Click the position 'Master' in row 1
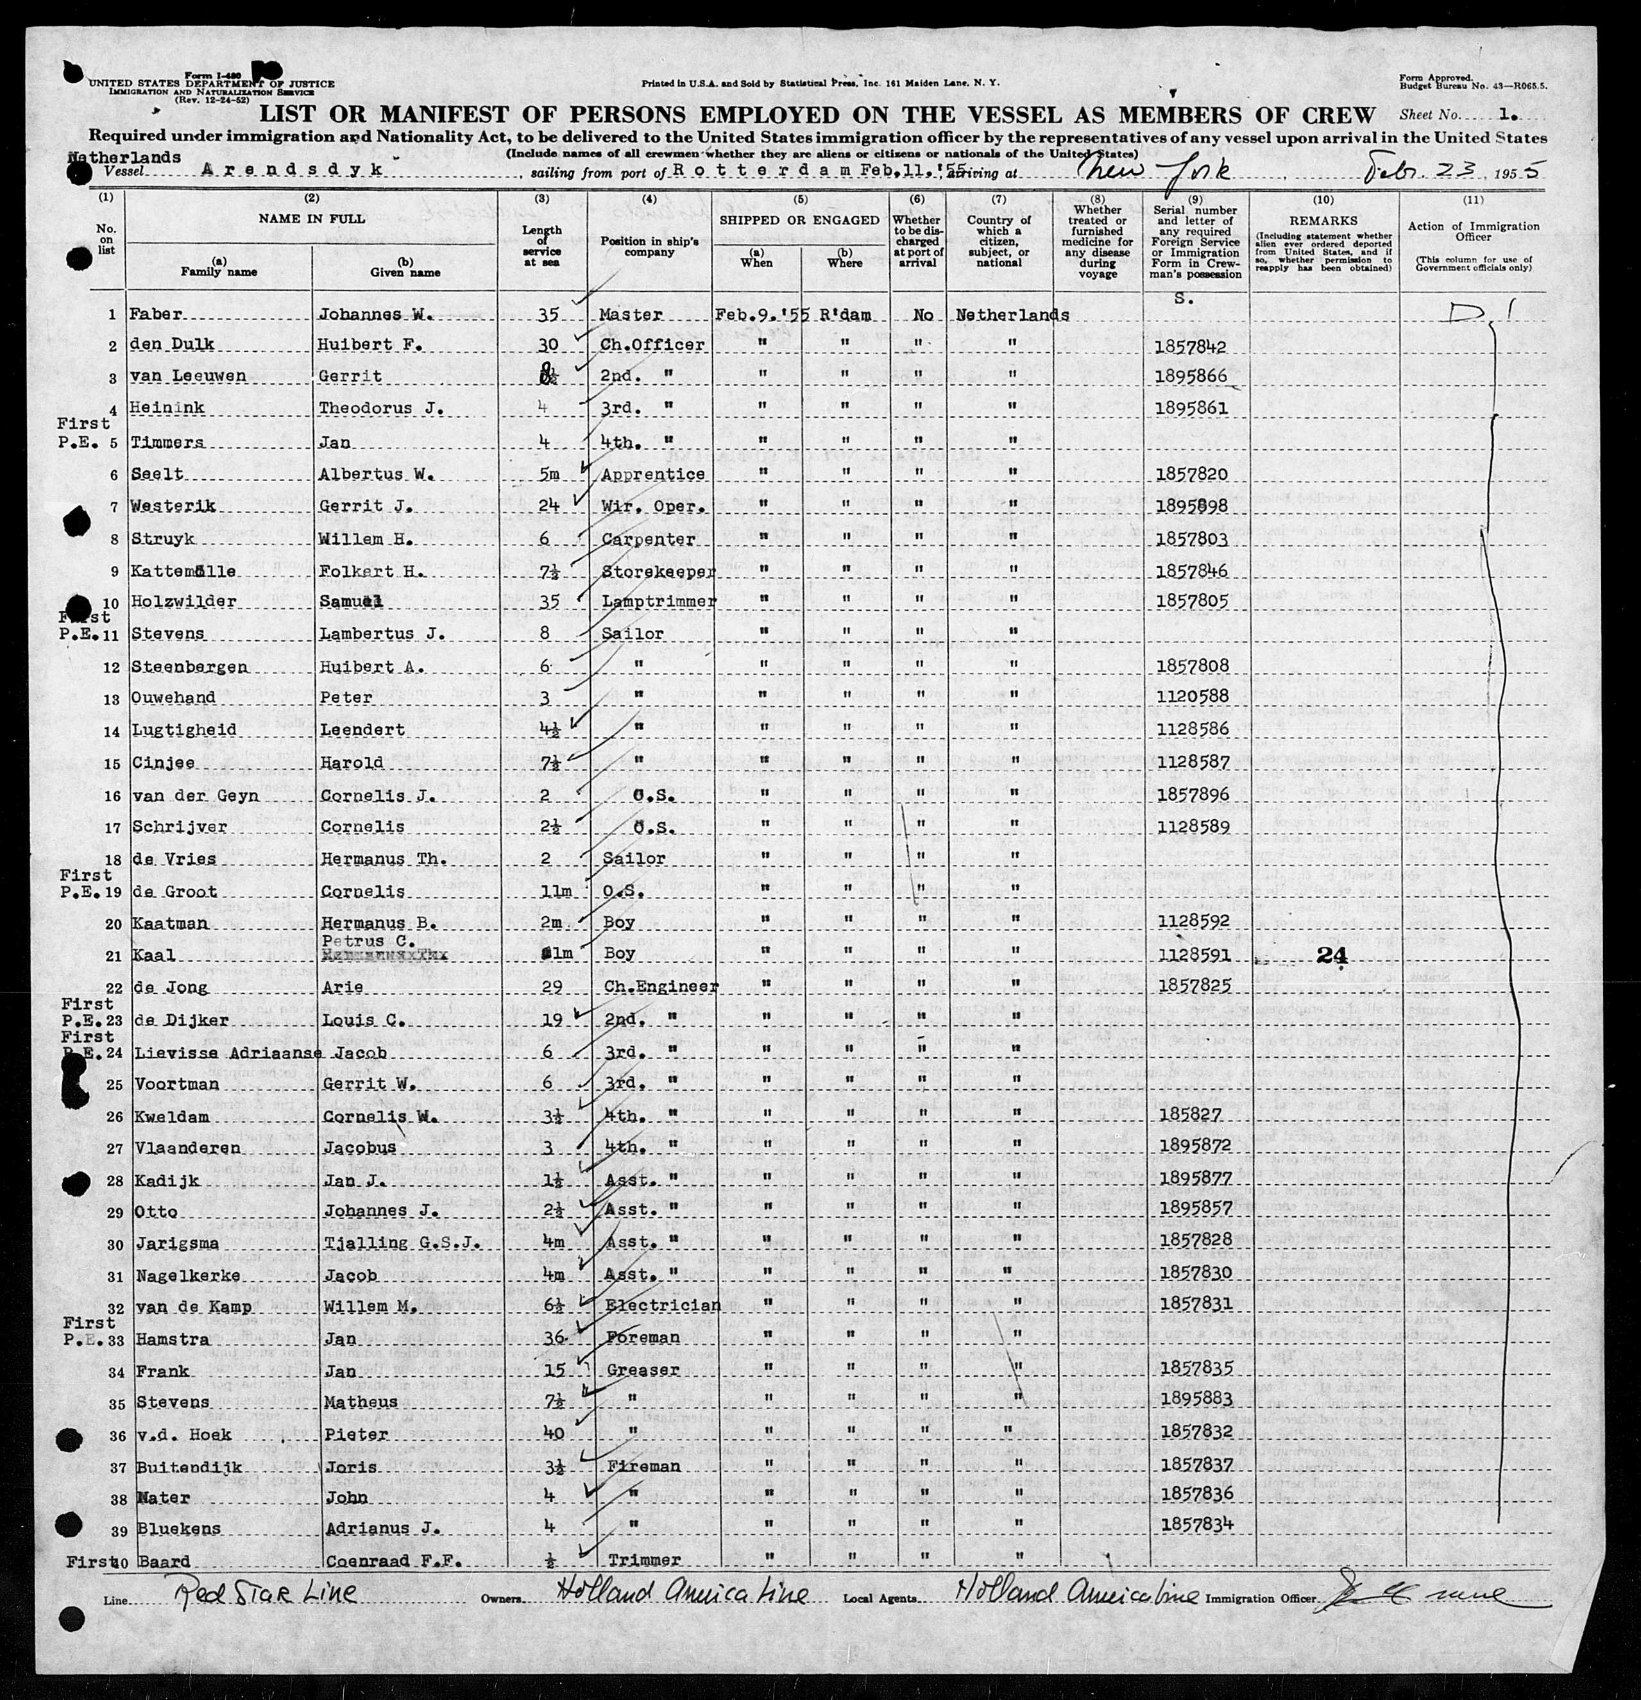[631, 315]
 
